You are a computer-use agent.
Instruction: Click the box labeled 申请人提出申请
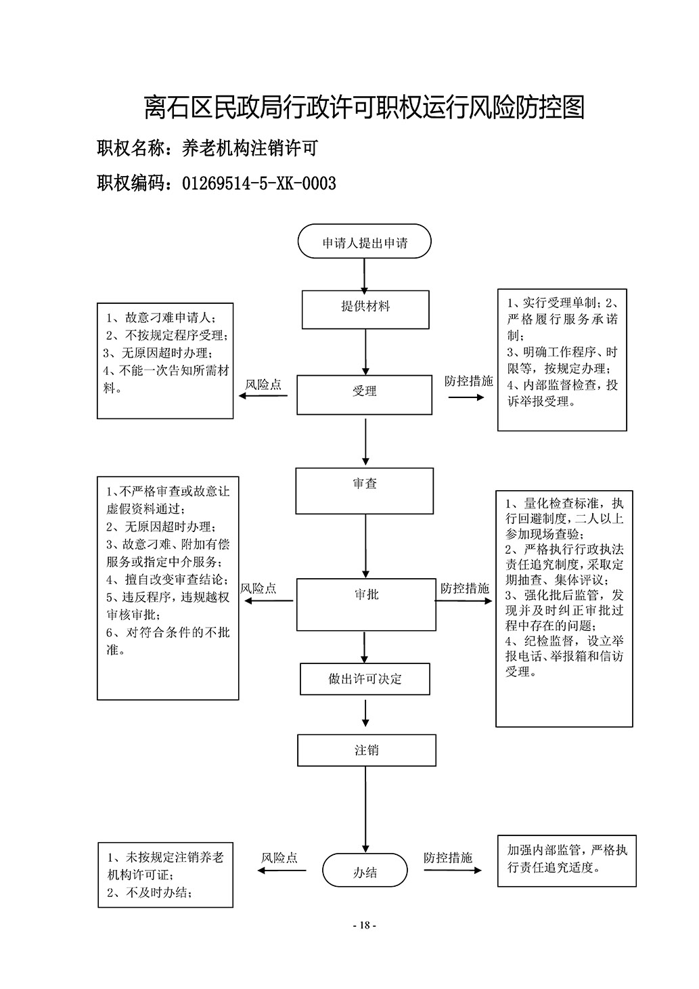point(364,241)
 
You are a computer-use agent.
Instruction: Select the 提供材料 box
point(365,309)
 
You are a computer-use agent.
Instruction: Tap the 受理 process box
point(364,395)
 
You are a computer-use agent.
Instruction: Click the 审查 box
point(365,491)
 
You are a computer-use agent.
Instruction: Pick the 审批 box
point(366,605)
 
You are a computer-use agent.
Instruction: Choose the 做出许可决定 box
point(365,678)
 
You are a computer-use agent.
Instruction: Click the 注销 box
point(367,750)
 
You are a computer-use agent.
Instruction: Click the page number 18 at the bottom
point(365,925)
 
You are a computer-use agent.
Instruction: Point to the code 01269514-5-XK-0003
point(259,183)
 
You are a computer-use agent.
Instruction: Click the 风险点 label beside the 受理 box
point(263,384)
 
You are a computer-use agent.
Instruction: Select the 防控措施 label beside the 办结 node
point(448,858)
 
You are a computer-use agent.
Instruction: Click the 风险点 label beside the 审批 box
point(258,588)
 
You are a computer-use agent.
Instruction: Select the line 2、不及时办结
point(150,892)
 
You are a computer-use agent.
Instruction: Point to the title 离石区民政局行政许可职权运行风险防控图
point(365,107)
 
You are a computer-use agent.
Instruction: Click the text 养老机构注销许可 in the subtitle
point(250,148)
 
